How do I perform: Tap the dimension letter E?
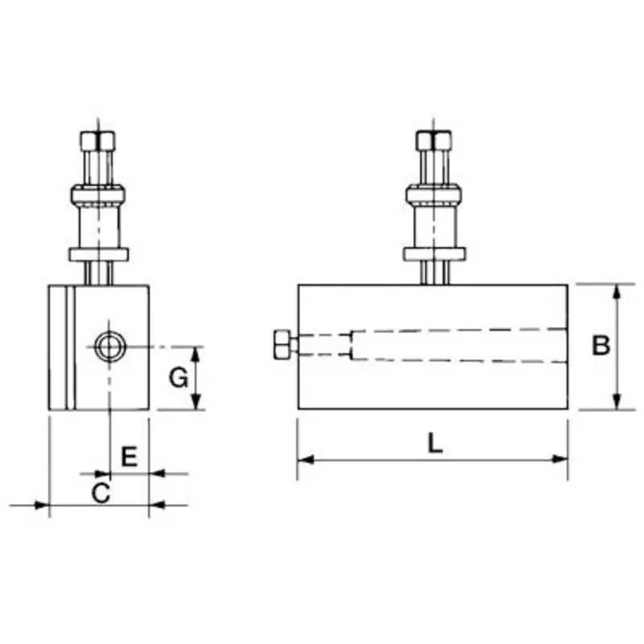pos(129,456)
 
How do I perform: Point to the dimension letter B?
pos(601,346)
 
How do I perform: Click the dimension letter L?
pos(435,444)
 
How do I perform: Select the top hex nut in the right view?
pos(433,141)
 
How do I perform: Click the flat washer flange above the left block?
pos(97,254)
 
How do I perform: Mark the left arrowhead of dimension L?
pos(305,460)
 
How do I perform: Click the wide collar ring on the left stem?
pos(97,194)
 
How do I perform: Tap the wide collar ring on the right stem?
pos(433,194)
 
